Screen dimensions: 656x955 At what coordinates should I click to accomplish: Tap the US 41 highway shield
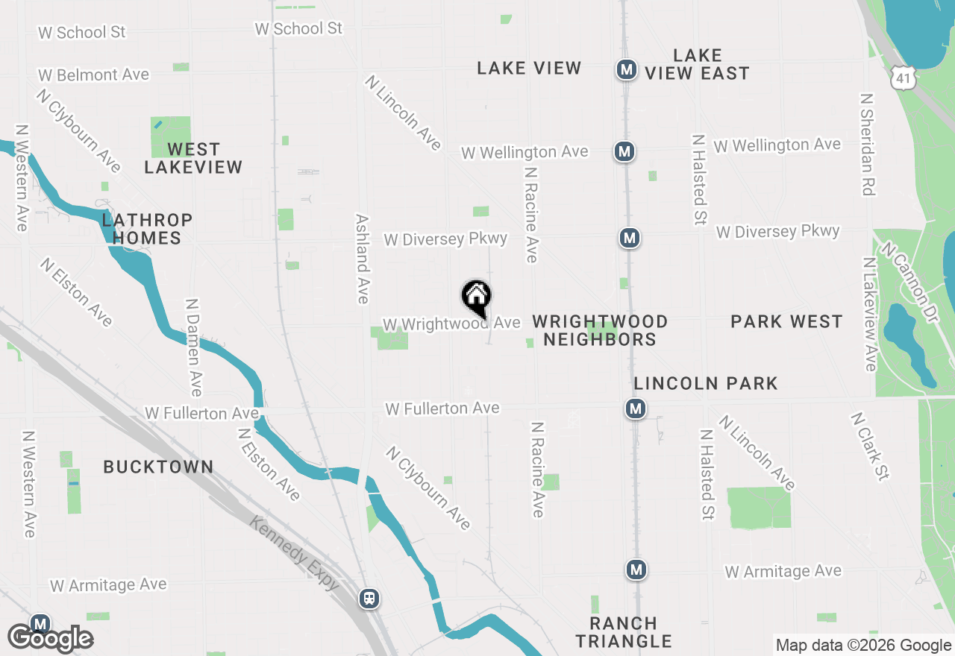(902, 75)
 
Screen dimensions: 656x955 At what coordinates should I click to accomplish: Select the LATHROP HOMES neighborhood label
(147, 229)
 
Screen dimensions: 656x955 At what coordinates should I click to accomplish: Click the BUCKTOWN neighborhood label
(158, 467)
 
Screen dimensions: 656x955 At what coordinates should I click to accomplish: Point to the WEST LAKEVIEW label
(193, 158)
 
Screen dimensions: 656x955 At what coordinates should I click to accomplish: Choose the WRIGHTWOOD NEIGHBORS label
(600, 330)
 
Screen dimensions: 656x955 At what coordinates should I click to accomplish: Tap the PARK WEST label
(786, 321)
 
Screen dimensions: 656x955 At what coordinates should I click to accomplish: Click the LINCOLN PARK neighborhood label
(706, 383)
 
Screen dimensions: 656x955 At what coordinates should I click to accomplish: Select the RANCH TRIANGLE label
(624, 632)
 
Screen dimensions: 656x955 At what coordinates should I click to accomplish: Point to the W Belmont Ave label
(93, 75)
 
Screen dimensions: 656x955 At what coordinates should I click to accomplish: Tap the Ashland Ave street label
(363, 259)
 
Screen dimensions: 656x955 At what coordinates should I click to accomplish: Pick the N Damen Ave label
(193, 347)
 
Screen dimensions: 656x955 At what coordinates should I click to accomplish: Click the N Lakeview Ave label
(869, 314)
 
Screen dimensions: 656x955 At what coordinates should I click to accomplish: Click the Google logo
(51, 639)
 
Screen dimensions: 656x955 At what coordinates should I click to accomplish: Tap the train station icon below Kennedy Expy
(369, 599)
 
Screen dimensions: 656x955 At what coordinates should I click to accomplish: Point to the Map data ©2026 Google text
(863, 646)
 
